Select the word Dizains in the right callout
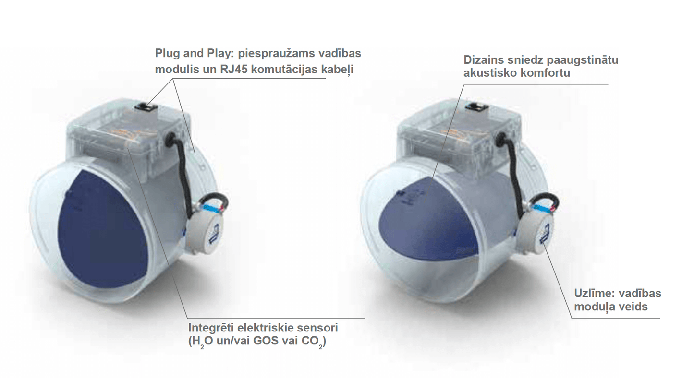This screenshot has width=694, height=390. click(483, 60)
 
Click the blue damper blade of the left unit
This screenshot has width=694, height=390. click(103, 230)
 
